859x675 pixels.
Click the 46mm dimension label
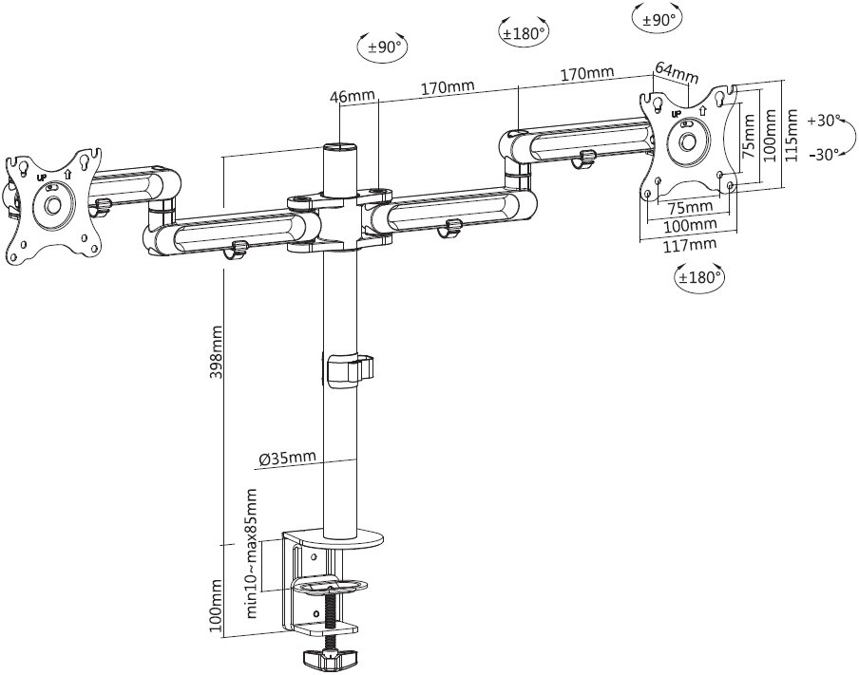(x=353, y=96)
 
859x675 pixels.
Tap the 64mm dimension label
(x=676, y=72)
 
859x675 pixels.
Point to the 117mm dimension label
(x=691, y=245)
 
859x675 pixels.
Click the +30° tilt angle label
(x=824, y=121)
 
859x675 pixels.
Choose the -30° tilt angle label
(x=824, y=155)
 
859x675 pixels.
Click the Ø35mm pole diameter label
(x=286, y=459)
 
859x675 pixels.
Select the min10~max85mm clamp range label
(x=253, y=554)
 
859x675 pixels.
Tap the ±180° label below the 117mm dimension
(x=699, y=278)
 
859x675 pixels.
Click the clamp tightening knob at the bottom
(x=331, y=657)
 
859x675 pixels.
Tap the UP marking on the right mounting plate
(x=677, y=115)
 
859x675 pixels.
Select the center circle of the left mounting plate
(x=50, y=205)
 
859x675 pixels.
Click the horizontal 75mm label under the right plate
(x=691, y=207)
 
